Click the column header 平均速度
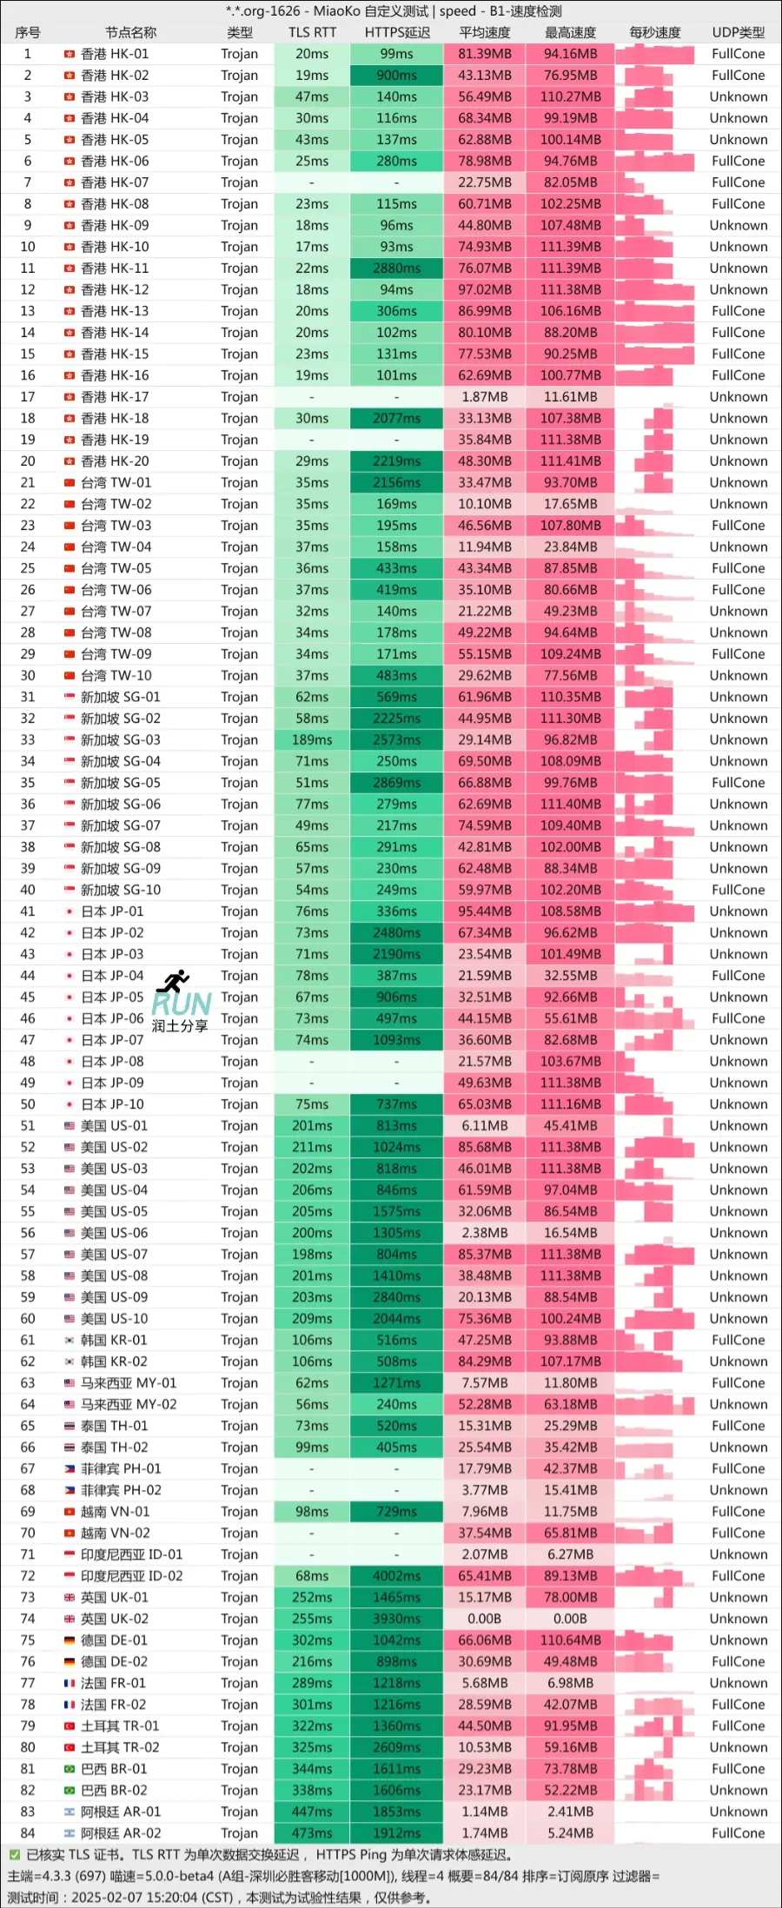pos(484,32)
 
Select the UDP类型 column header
pos(738,32)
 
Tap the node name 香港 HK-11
pos(115,268)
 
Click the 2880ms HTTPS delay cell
pos(396,268)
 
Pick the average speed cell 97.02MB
pos(484,290)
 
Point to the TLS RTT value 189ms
pos(312,740)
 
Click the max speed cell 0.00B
pos(570,1619)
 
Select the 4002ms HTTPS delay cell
pos(396,1576)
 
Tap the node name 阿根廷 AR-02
pos(121,1833)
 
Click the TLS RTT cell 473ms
pos(312,1833)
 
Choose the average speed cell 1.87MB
pos(484,397)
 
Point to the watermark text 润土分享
pos(180,1026)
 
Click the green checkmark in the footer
pos(14,1855)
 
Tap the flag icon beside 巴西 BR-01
pos(70,1769)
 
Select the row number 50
pos(28,1104)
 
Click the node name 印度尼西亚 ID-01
pos(131,1554)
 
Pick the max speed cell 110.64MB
pos(570,1640)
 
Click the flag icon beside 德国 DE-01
pos(70,1640)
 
